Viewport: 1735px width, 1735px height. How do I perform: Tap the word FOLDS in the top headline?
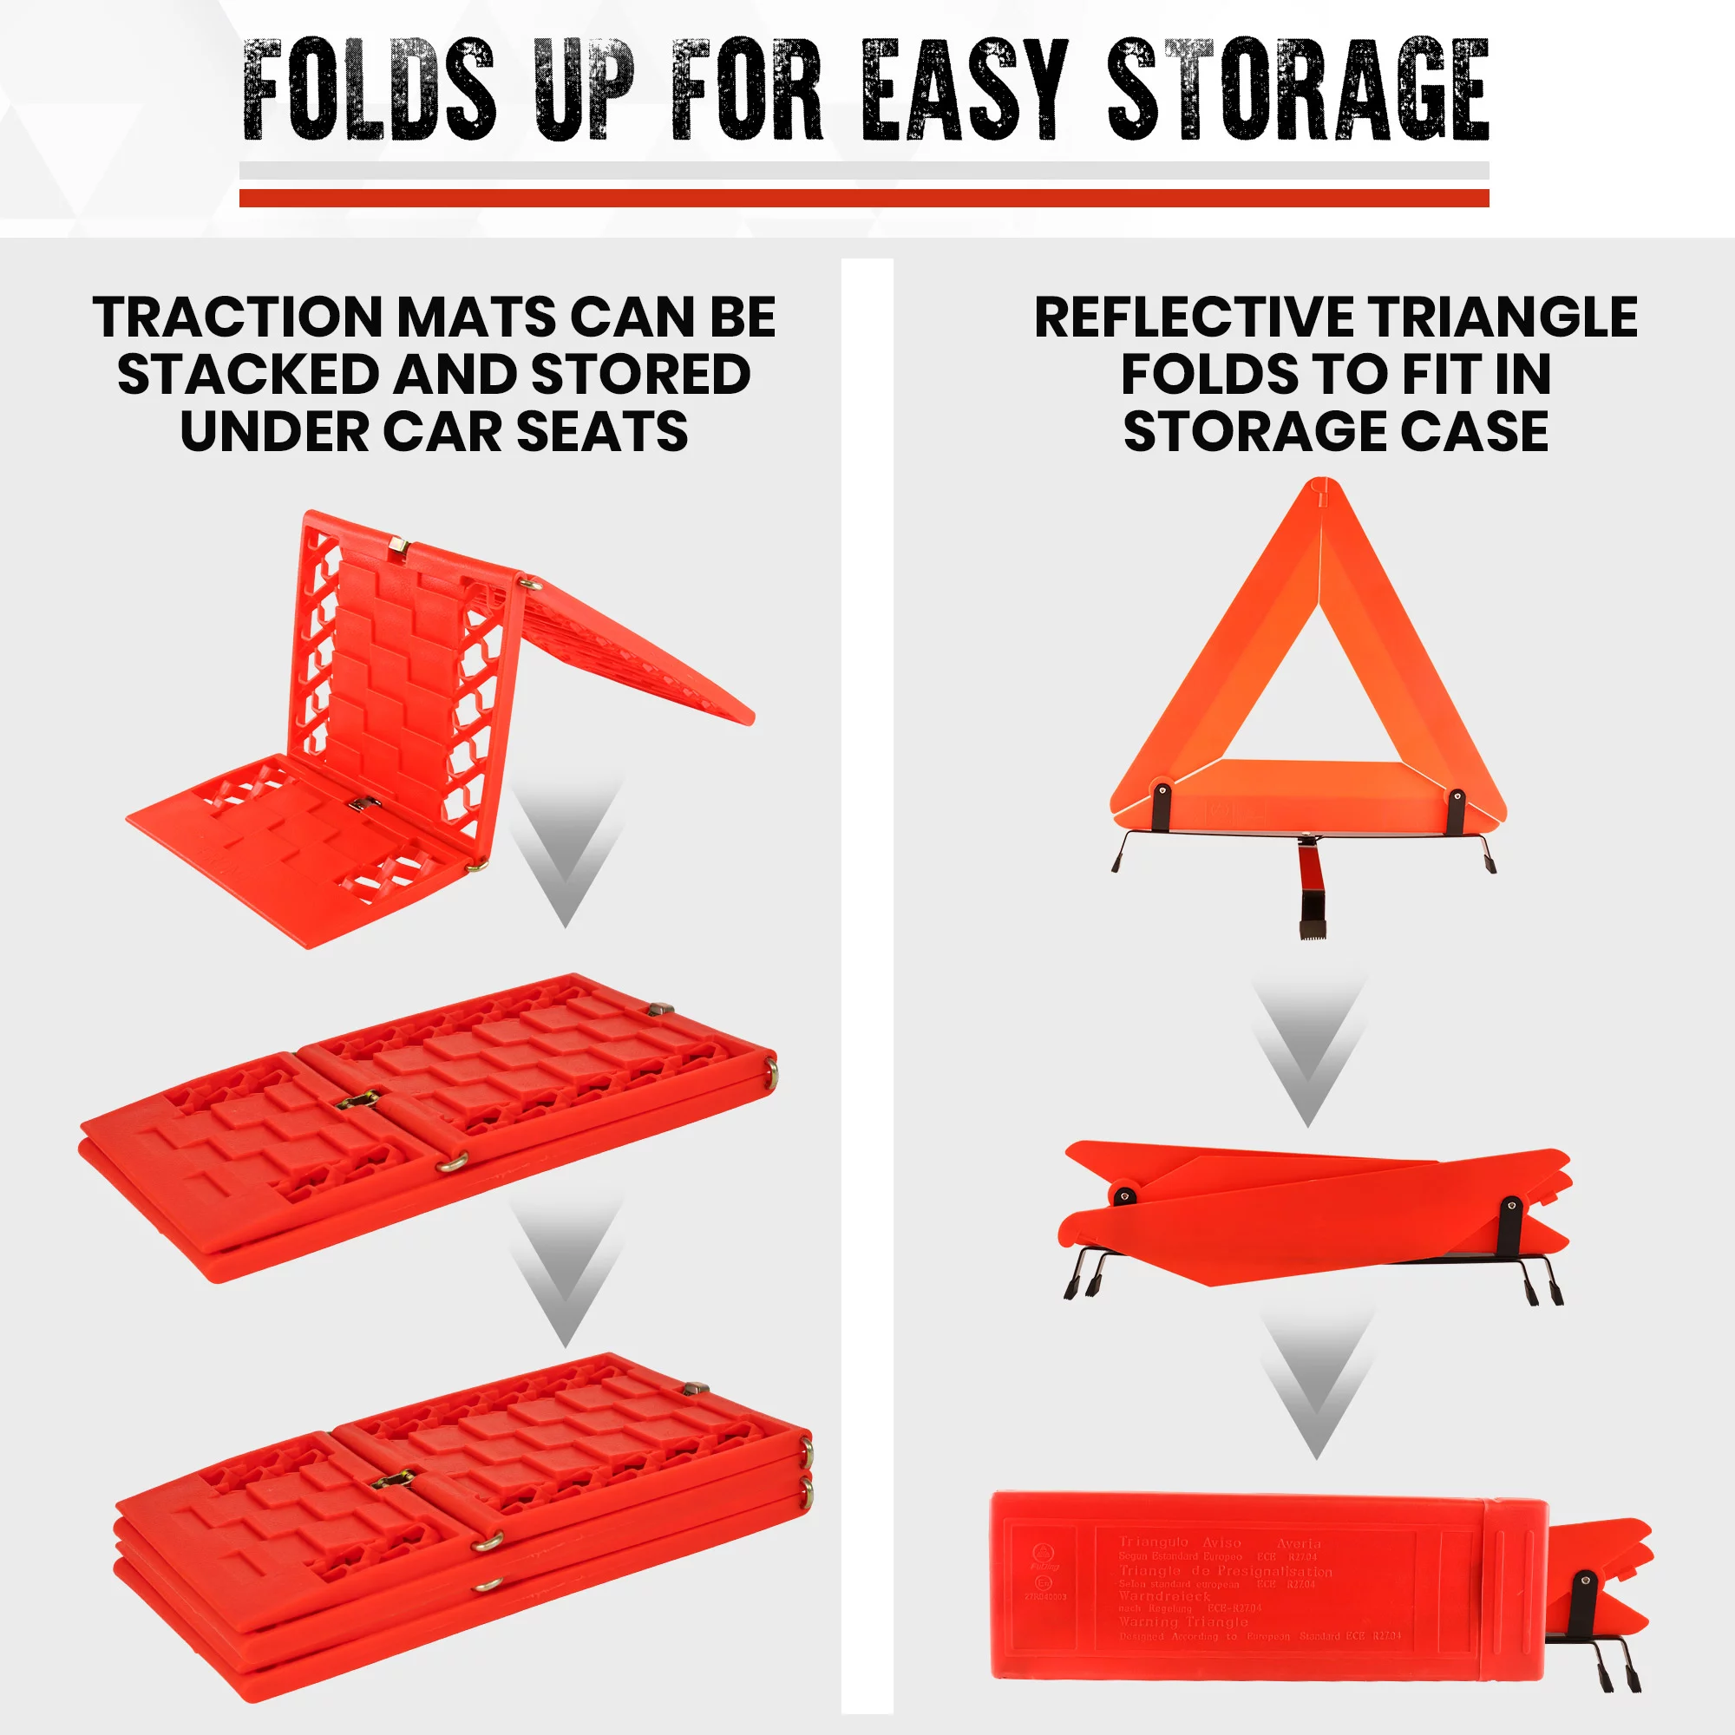pos(369,90)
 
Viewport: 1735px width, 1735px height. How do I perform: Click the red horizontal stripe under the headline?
pos(864,198)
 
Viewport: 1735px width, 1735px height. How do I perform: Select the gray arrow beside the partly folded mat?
pos(566,848)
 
